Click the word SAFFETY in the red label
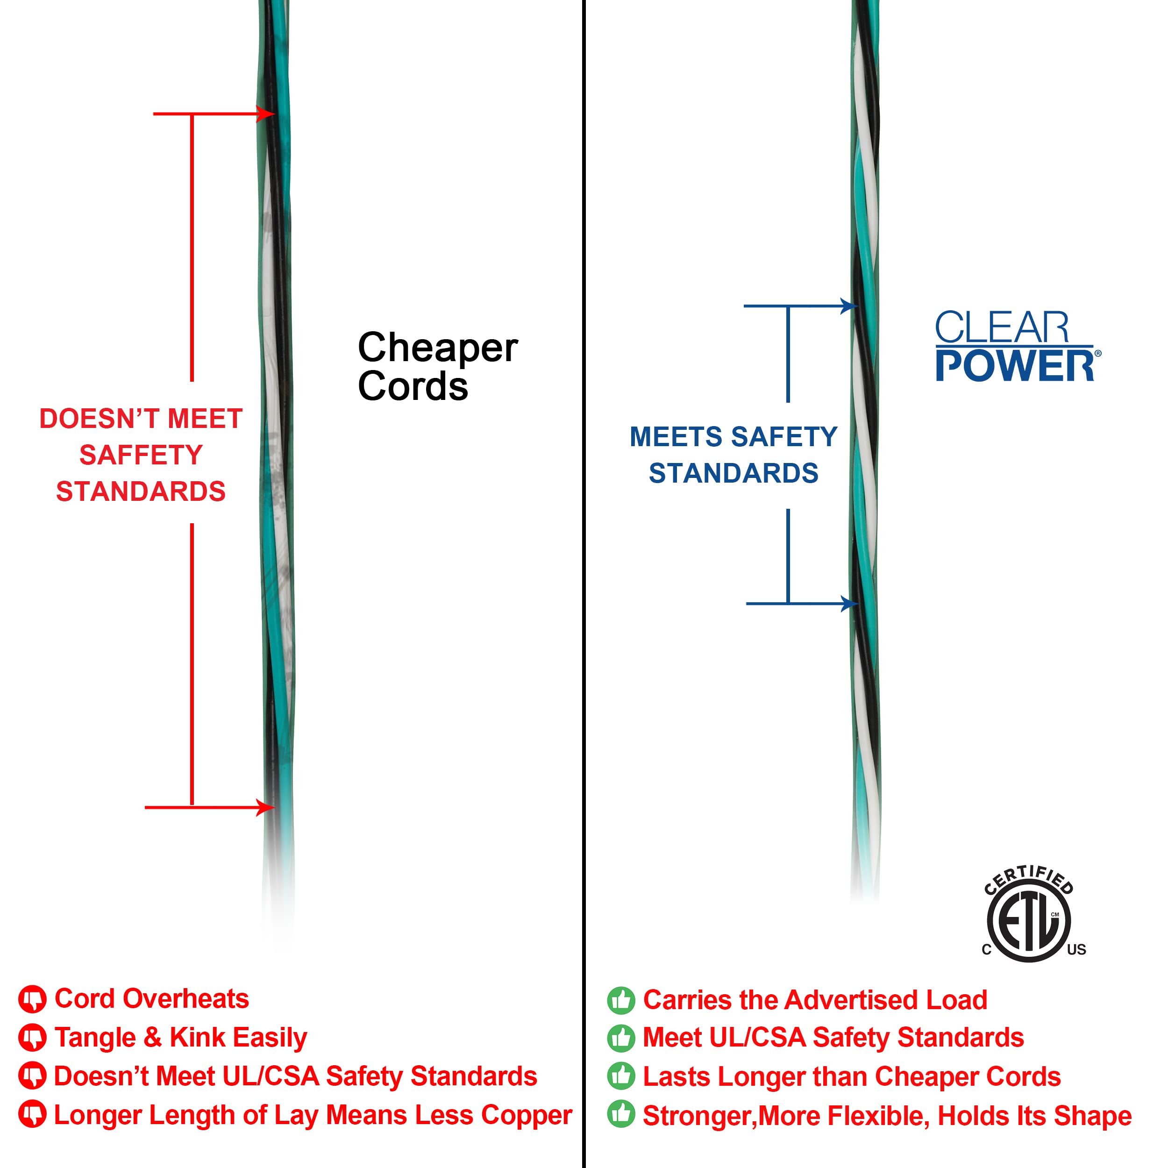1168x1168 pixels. pos(141,455)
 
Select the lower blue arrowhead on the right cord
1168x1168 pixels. pos(849,603)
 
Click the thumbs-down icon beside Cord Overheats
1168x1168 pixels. pos(33,999)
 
